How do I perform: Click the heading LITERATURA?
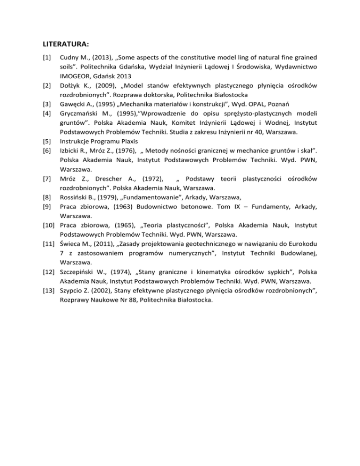coord(62,46)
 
